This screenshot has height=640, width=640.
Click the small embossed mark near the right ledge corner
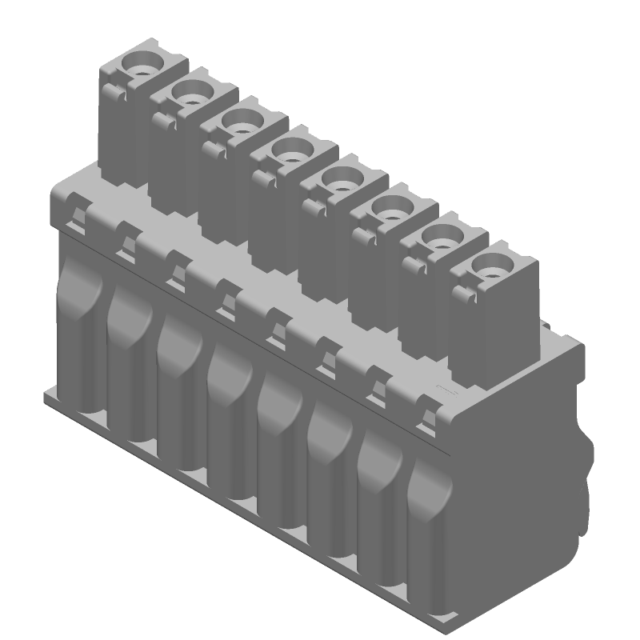click(x=442, y=389)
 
